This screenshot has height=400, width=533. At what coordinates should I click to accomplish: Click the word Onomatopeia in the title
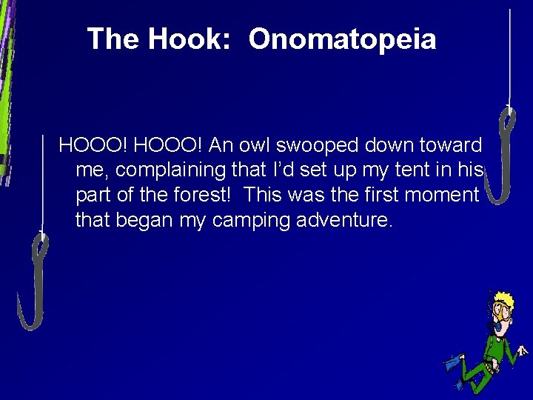tap(342, 39)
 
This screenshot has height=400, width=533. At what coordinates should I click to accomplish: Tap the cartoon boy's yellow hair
tap(504, 300)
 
